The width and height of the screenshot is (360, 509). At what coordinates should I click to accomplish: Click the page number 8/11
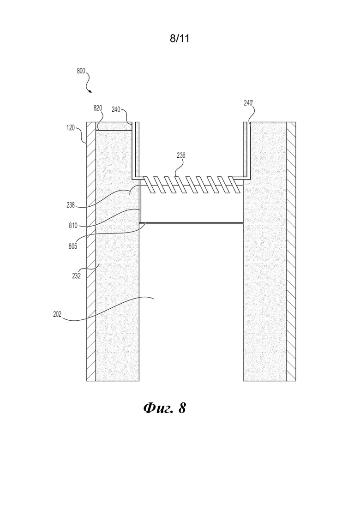click(180, 39)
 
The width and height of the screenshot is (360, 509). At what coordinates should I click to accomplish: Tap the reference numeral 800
click(81, 71)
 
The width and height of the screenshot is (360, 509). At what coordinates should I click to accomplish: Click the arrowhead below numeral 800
click(90, 91)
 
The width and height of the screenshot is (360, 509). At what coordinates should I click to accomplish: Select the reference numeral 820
click(98, 108)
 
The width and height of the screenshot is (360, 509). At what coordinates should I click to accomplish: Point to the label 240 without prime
click(116, 109)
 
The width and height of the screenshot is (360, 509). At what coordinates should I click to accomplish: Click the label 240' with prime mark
click(249, 103)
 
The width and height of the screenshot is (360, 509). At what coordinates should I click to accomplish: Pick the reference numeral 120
click(71, 127)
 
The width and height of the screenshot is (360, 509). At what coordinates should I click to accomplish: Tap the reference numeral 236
click(181, 156)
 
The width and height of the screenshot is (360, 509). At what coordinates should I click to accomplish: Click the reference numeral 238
click(71, 205)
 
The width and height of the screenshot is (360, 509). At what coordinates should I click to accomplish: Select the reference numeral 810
click(73, 225)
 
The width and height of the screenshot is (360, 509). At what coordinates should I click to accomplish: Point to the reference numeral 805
click(73, 246)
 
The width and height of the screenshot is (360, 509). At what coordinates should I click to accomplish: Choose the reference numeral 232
click(76, 276)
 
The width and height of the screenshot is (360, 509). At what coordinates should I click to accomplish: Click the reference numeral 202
click(57, 314)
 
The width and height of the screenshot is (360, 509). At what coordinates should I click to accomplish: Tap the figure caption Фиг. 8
click(165, 408)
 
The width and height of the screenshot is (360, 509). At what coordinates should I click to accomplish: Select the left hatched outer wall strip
click(91, 251)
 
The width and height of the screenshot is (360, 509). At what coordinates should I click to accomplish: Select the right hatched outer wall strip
click(291, 251)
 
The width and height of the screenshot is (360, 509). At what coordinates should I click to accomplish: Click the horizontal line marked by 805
click(192, 223)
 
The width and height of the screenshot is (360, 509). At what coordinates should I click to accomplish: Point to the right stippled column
click(265, 251)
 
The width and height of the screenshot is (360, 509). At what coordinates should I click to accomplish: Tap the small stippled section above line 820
click(114, 126)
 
